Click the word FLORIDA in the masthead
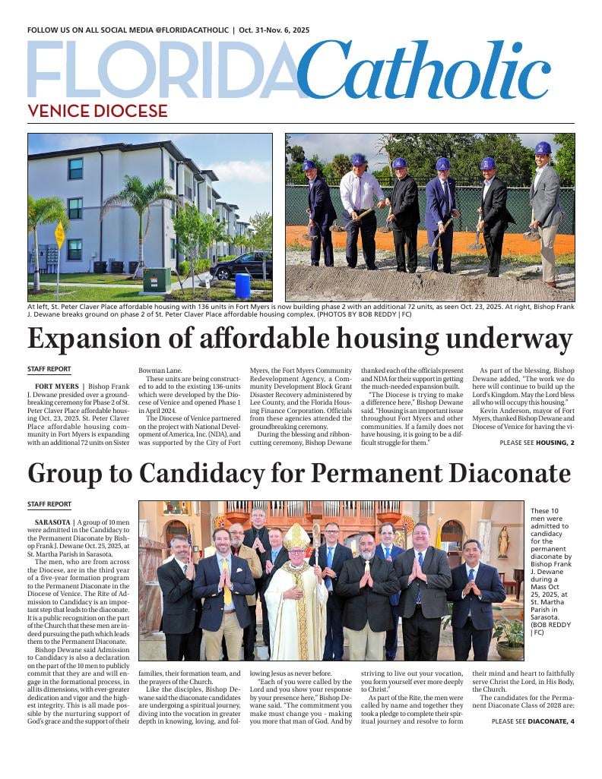coord(163,70)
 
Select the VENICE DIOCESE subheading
coord(97,111)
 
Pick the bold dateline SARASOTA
coord(53,522)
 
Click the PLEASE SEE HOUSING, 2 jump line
coord(537,442)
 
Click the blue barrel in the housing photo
coord(242,285)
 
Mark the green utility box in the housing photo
coord(157,280)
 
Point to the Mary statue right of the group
coord(502,541)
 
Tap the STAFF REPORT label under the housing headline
coord(49,369)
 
